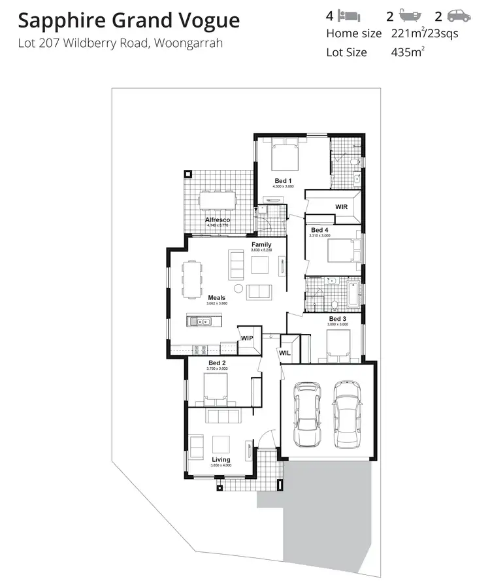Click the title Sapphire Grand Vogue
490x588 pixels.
[129, 21]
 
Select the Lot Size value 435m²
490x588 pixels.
[407, 52]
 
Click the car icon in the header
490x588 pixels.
[459, 16]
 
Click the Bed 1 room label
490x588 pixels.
[283, 181]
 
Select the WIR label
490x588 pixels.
[341, 206]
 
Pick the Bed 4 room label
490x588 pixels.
[319, 230]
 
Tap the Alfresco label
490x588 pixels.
[218, 220]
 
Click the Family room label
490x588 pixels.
[261, 245]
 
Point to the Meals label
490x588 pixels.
[216, 298]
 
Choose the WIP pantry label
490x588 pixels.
[247, 338]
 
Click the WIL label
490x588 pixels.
[285, 353]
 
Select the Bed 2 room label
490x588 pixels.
[217, 363]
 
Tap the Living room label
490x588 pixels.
[221, 460]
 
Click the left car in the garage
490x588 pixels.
[307, 414]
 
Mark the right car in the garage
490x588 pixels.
[347, 414]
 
